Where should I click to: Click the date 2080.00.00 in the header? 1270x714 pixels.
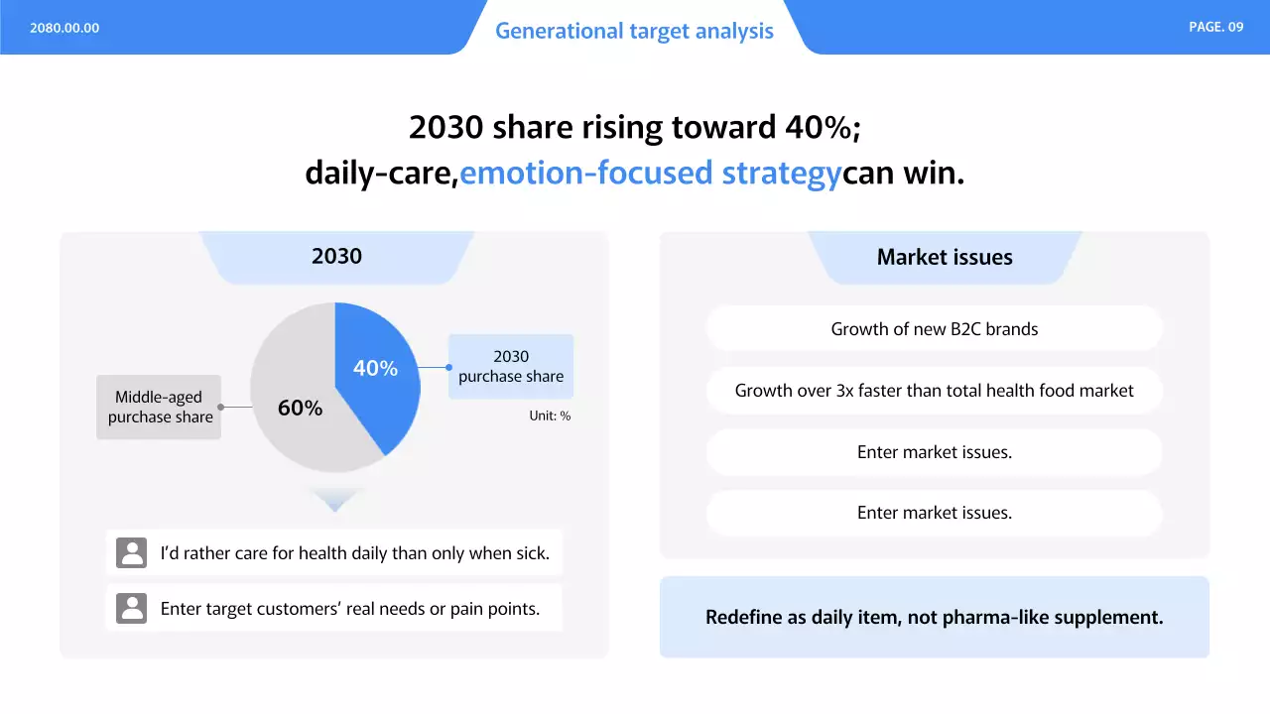64,28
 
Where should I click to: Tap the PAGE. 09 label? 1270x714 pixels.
1216,27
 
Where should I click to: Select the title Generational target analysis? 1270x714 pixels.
634,31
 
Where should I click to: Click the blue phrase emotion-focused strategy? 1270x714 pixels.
650,173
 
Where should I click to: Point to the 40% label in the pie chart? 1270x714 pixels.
375,368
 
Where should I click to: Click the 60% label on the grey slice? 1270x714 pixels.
300,408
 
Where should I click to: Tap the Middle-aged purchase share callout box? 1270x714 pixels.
159,407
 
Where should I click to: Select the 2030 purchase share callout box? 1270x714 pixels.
511,366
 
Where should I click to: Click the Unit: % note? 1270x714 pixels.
550,416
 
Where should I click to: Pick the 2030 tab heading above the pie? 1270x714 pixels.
336,256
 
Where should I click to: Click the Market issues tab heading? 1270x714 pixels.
945,257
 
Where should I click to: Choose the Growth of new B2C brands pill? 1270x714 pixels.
935,328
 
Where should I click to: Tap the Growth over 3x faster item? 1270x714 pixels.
935,391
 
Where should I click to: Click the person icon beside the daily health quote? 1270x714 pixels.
132,552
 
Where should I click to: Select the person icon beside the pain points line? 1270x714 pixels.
132,608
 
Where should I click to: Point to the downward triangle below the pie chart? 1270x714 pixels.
335,498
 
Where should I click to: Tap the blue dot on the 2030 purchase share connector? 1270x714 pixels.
449,367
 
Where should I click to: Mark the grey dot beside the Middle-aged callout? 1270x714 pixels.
221,407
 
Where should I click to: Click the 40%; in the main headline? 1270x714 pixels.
823,127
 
